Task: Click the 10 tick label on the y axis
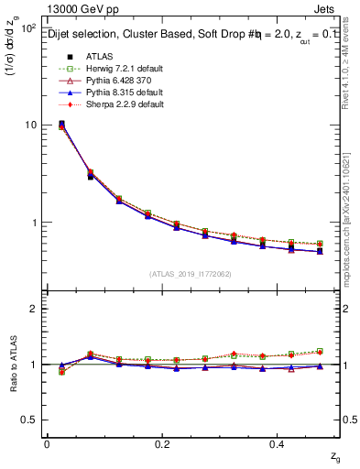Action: tap(29, 125)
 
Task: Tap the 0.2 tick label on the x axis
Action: tap(163, 443)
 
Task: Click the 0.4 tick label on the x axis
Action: tap(279, 443)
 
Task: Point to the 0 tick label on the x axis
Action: tap(47, 443)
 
